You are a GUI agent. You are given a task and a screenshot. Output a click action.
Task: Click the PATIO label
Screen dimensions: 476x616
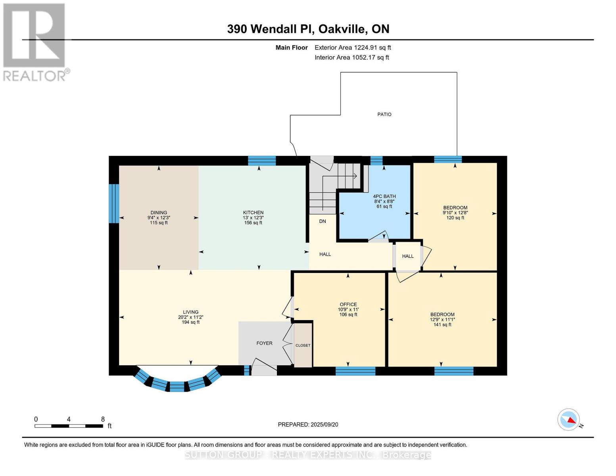coord(384,114)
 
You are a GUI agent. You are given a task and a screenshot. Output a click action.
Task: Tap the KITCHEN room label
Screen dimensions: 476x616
coord(253,213)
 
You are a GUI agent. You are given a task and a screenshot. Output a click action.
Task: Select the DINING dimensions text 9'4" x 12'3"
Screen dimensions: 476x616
coord(159,218)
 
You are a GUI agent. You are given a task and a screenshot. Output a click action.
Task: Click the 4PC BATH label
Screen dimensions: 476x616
coord(384,196)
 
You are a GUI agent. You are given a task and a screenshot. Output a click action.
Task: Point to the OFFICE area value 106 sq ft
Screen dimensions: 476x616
coord(348,315)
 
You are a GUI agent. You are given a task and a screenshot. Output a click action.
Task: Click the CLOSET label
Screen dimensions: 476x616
coord(303,345)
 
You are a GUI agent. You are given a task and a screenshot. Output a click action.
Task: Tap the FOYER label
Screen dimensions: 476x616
coord(264,343)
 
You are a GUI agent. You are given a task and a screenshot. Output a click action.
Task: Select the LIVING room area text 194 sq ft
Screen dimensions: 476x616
coord(190,322)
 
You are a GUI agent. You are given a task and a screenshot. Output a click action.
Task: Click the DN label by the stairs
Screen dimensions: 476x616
coord(322,221)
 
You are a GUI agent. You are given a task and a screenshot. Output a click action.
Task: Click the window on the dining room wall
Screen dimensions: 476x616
coord(114,203)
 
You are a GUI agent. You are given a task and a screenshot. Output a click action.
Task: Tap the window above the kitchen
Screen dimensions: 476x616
coord(262,161)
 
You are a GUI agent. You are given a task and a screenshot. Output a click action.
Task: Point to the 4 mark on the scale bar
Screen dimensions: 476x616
coord(69,419)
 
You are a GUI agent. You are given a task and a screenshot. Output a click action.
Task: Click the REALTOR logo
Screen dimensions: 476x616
coord(35,42)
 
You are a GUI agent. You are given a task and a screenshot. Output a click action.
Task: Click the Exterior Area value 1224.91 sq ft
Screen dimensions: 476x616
coord(372,48)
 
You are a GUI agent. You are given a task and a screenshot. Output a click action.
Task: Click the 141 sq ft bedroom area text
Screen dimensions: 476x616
coord(442,324)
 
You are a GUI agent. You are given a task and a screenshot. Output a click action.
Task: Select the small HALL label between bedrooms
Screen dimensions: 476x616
coord(408,256)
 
